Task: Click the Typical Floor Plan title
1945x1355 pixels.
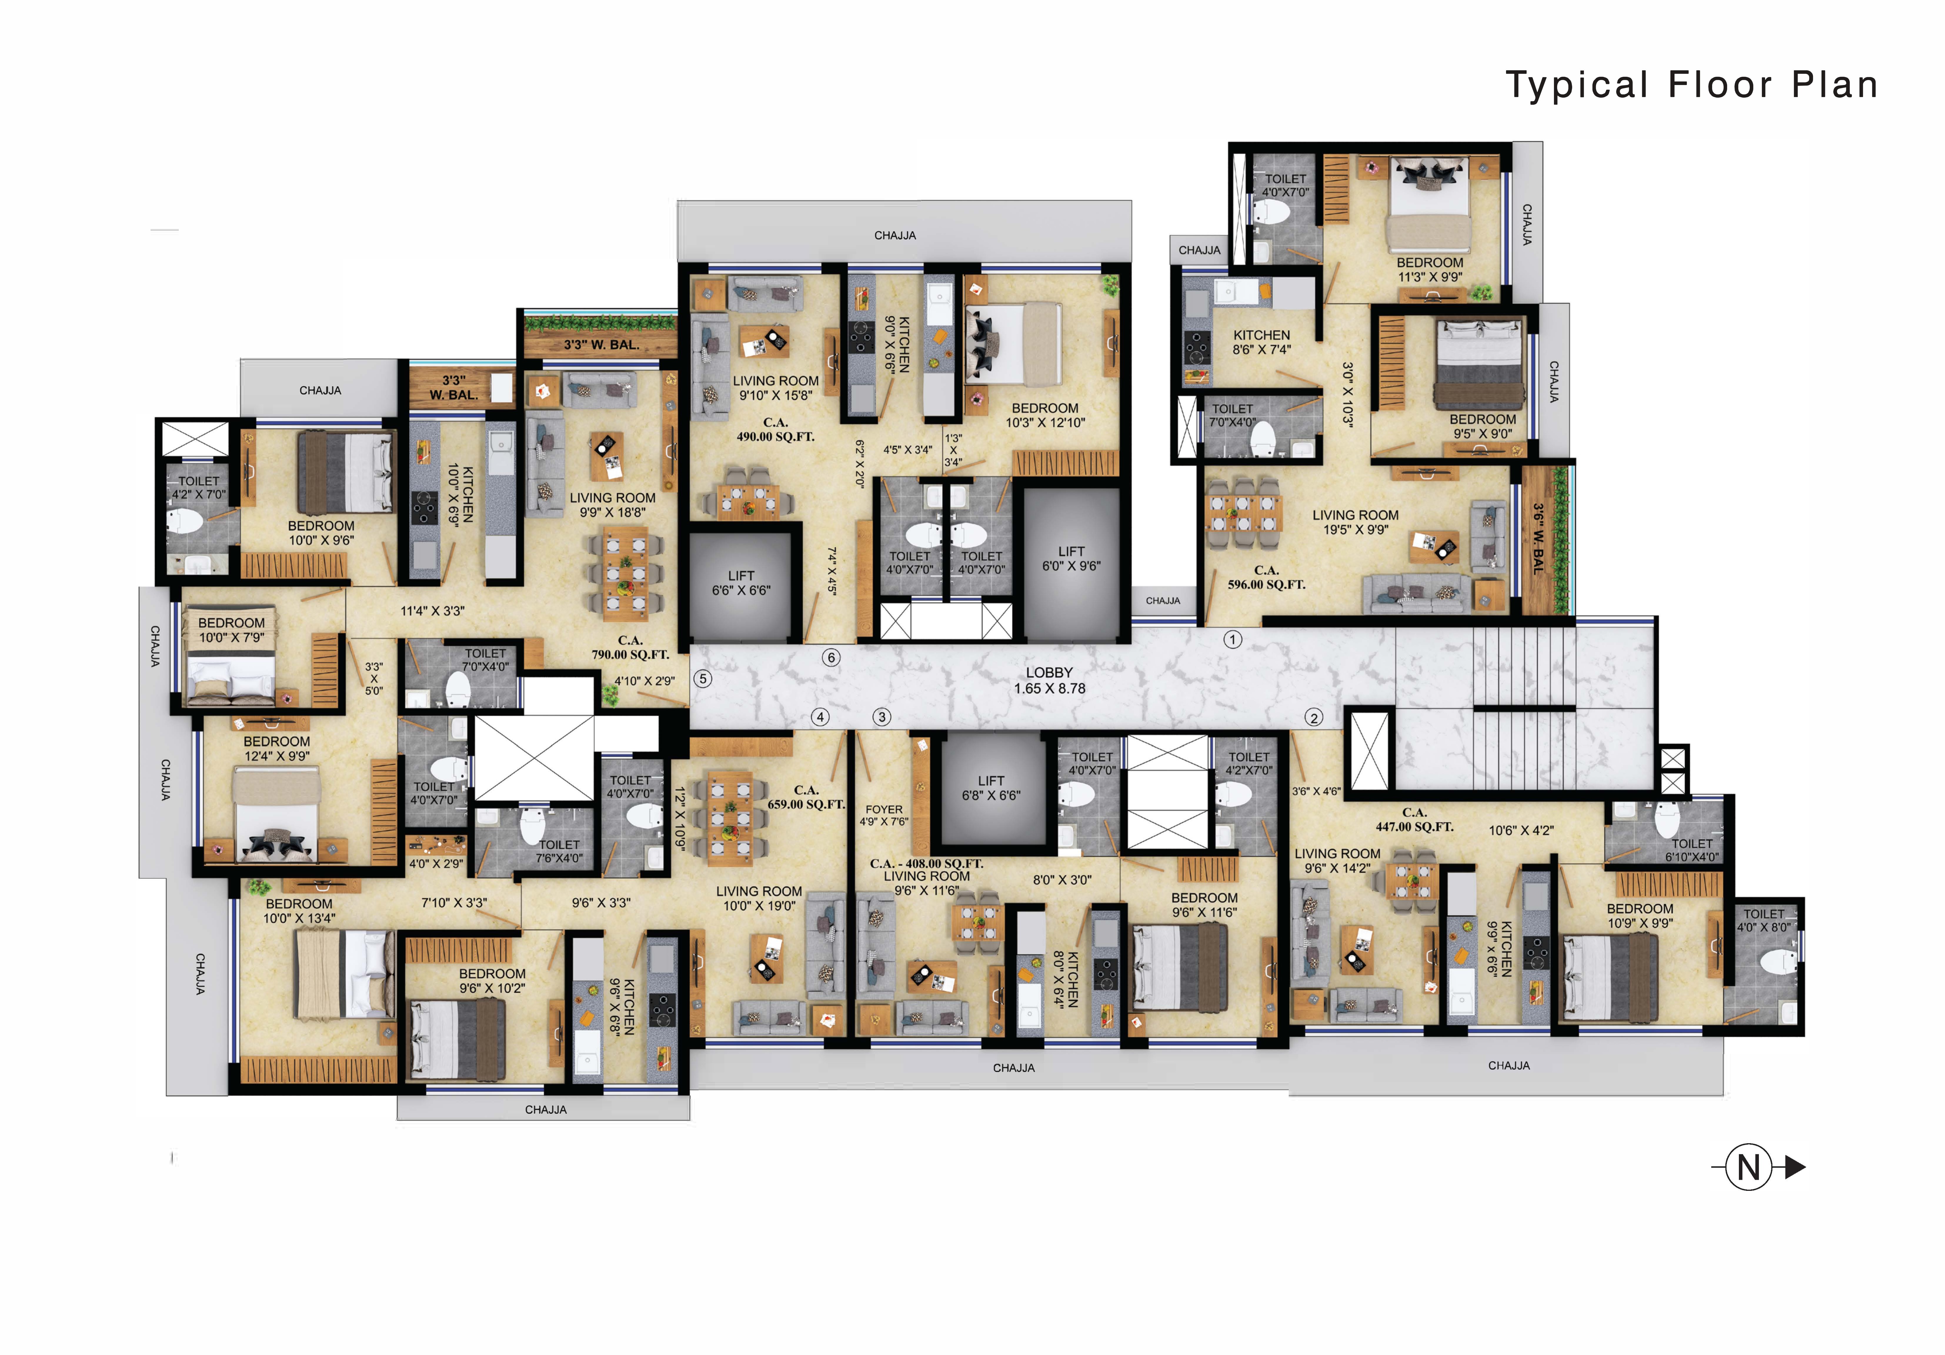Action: click(x=1692, y=86)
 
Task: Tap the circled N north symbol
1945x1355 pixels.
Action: click(x=1749, y=1168)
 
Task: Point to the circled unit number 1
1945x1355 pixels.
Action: click(x=1233, y=640)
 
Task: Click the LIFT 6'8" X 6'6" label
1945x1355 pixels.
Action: click(x=991, y=788)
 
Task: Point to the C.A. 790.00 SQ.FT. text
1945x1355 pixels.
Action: click(x=630, y=647)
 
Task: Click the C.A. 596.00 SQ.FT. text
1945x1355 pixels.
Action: click(x=1266, y=577)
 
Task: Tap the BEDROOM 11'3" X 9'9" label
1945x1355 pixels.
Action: click(x=1430, y=269)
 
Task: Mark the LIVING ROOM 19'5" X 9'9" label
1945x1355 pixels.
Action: click(x=1355, y=522)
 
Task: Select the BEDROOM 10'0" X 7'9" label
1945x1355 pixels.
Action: click(x=231, y=630)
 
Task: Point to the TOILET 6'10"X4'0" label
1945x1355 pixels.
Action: click(x=1692, y=850)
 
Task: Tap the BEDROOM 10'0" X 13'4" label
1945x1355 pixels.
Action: click(x=299, y=911)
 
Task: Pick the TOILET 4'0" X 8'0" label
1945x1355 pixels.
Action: click(x=1764, y=920)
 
